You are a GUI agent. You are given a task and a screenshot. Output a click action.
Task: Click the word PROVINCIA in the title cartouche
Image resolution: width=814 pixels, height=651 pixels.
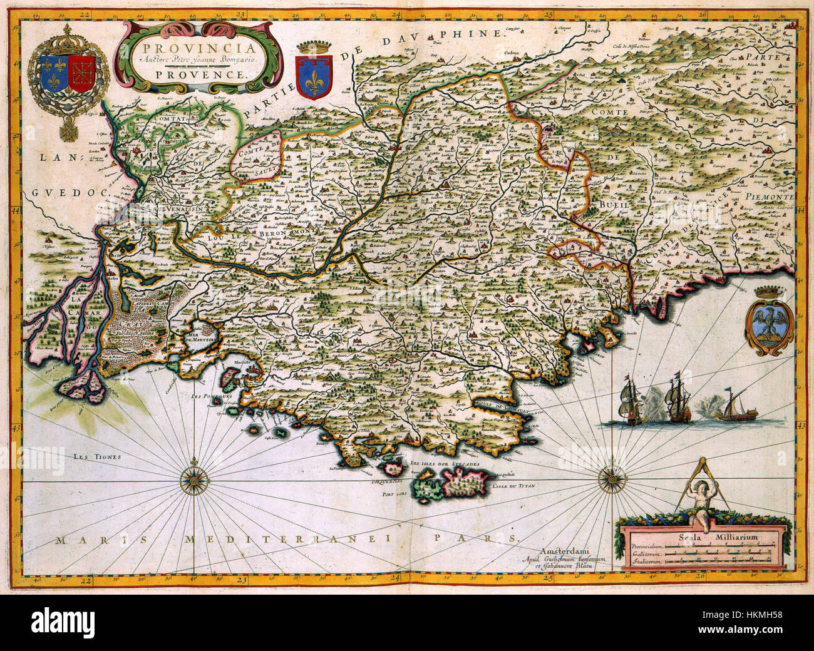(197, 48)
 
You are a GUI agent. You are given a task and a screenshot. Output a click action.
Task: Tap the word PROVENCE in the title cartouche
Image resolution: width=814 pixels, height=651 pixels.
(197, 73)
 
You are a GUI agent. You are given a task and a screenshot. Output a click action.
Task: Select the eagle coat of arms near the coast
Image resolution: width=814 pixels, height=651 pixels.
(770, 321)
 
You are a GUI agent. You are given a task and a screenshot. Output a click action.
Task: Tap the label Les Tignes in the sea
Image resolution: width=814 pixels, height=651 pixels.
(96, 457)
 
